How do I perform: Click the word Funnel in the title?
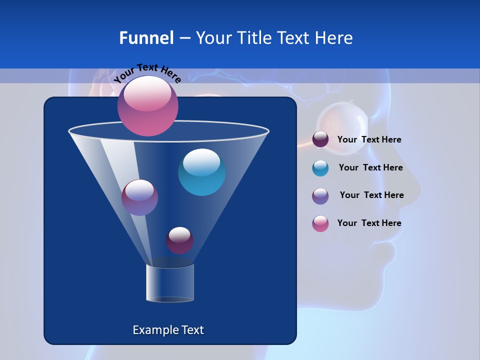tap(146, 38)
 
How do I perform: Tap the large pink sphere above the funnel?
tap(148, 106)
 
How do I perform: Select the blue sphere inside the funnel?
tap(201, 172)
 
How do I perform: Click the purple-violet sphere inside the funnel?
tap(139, 197)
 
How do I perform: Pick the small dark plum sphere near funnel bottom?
tap(179, 240)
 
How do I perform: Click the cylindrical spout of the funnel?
tap(170, 282)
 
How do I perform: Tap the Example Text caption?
tap(168, 330)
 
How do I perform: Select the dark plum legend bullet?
tap(320, 139)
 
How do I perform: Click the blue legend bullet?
tap(320, 168)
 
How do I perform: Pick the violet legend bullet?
tap(320, 196)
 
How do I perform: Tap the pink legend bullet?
tap(320, 223)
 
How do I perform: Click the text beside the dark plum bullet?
tap(369, 139)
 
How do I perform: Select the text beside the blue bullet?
tap(370, 167)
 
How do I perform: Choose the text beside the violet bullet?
tap(371, 195)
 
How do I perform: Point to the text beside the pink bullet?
tap(369, 223)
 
